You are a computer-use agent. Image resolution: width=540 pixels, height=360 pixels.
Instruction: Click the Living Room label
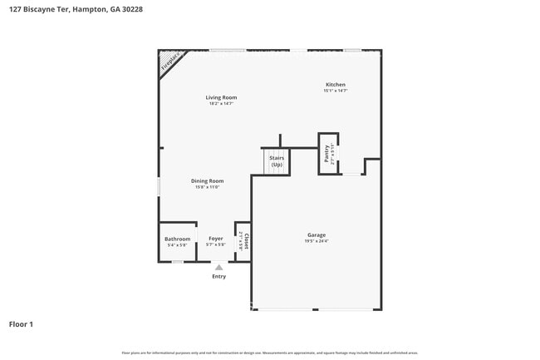(x=222, y=97)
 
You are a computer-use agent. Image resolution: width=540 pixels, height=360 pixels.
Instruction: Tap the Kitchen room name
(x=335, y=85)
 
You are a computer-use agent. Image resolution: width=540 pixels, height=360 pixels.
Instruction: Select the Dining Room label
(x=208, y=180)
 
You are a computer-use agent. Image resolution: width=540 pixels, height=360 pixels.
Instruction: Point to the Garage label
(x=316, y=235)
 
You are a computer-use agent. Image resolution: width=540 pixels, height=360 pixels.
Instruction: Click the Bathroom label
(x=177, y=239)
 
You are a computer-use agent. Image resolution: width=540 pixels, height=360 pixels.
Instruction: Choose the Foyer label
(x=216, y=239)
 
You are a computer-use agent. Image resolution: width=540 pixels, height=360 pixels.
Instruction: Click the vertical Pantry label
(x=326, y=152)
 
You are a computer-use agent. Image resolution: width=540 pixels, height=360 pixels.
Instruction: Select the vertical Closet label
(x=247, y=240)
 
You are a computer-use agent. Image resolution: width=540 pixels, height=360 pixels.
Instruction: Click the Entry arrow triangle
(x=218, y=267)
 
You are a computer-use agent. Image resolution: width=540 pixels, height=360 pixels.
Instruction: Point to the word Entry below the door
(x=218, y=276)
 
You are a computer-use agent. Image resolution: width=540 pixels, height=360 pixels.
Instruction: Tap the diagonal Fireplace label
(x=170, y=63)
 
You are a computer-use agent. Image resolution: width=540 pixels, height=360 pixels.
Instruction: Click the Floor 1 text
(x=21, y=323)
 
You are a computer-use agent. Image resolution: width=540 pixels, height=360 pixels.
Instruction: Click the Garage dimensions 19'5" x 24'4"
(x=316, y=242)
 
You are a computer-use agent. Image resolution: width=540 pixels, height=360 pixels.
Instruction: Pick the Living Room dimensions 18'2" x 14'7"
(x=222, y=104)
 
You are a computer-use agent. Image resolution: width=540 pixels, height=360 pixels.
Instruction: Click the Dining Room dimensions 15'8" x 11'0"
(x=208, y=187)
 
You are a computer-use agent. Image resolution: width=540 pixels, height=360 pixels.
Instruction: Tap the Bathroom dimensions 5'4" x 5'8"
(x=177, y=245)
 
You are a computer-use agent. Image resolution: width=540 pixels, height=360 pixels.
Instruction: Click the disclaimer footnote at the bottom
(x=270, y=353)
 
